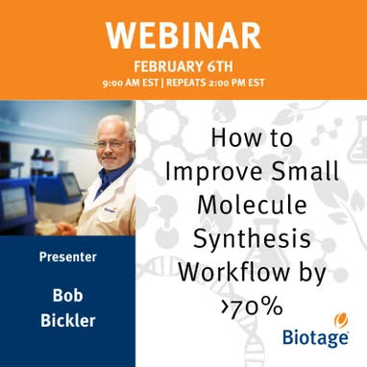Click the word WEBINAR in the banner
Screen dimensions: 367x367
pos(183,36)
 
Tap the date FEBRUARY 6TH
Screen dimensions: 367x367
pos(183,66)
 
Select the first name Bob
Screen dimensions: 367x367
pos(67,294)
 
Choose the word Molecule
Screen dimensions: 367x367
pos(252,204)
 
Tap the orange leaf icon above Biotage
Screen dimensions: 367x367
pos(339,320)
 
